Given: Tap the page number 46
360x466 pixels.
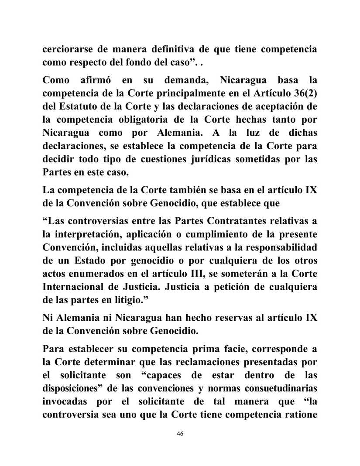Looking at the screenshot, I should pos(180,433).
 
